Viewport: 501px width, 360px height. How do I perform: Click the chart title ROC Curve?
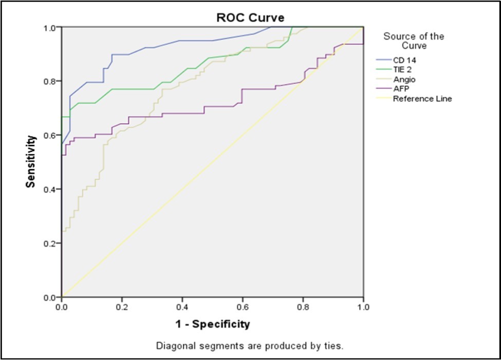coord(250,18)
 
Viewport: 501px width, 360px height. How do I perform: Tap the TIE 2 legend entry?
coord(403,70)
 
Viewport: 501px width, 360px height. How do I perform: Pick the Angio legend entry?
coord(404,80)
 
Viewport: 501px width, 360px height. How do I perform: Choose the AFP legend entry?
coord(401,89)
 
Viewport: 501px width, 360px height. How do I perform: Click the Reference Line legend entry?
coord(422,99)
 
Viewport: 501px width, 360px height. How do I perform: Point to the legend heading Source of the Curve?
coord(414,41)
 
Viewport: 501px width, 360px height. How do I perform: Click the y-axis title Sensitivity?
coord(32,161)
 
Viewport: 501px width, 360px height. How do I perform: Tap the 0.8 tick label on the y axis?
coord(50,81)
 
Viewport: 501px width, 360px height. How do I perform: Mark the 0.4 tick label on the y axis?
coord(50,189)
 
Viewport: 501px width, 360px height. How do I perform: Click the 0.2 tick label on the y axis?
coord(50,243)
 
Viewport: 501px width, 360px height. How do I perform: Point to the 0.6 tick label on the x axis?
coord(243,307)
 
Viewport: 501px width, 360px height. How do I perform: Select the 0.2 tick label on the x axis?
coord(122,307)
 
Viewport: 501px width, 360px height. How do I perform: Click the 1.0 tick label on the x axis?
coord(363,307)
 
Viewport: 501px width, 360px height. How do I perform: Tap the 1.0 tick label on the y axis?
coord(50,27)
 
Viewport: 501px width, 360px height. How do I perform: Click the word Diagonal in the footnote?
coord(172,345)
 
